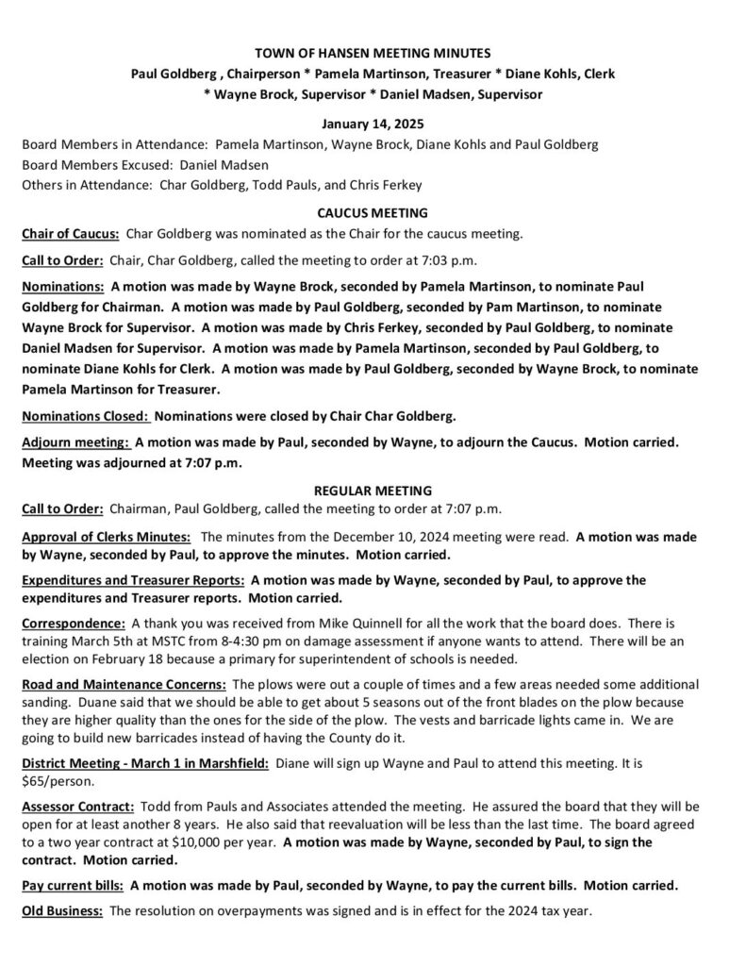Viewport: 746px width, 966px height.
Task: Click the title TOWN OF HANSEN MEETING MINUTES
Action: point(373,56)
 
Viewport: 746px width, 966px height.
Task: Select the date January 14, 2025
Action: point(373,124)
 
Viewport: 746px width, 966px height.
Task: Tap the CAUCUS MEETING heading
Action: point(373,213)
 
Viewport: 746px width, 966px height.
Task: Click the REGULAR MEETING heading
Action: point(373,491)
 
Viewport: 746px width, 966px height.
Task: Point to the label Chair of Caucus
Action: point(70,233)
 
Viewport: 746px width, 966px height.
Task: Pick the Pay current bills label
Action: point(73,886)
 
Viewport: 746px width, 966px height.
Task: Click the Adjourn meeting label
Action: point(75,441)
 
